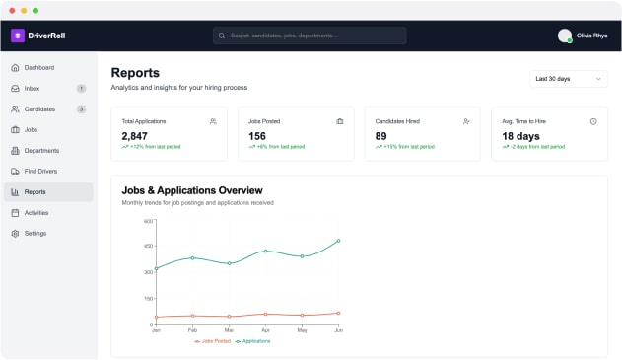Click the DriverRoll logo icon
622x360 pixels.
(17, 36)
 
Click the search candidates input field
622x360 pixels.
(310, 36)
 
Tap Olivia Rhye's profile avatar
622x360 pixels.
(565, 36)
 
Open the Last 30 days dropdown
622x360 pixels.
(569, 78)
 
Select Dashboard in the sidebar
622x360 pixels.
(39, 68)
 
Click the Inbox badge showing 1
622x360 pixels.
(81, 89)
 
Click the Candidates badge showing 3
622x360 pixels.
(81, 109)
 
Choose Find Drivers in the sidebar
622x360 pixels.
(42, 172)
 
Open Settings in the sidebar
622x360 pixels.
(35, 234)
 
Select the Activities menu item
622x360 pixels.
(36, 213)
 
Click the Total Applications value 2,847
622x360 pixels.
(134, 136)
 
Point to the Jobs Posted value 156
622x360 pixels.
(257, 136)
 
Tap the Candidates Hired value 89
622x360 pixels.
(382, 136)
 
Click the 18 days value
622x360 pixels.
(521, 136)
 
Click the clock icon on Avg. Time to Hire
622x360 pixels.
(593, 121)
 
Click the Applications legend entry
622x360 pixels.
(252, 341)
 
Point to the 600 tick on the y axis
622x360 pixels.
(148, 221)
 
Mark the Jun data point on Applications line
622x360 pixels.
(338, 241)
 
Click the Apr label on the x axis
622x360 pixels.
(265, 330)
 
